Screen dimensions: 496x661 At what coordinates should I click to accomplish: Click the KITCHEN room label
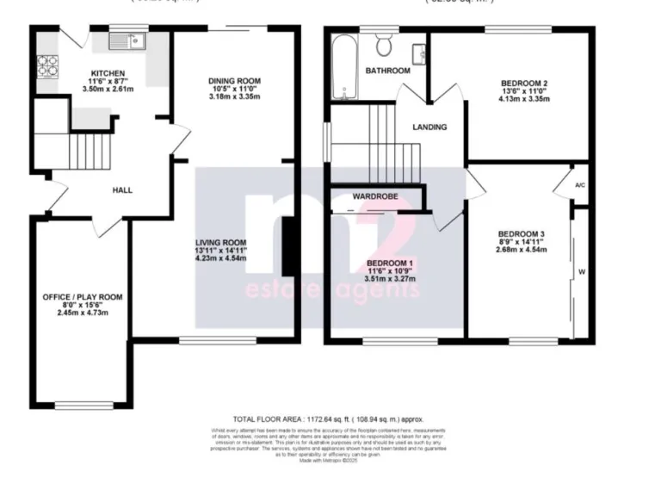tap(108, 73)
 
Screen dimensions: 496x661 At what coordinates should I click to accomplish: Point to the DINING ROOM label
tap(234, 81)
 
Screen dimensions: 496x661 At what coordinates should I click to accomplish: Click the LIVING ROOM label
tap(221, 242)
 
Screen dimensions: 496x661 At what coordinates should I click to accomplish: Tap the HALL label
tap(122, 189)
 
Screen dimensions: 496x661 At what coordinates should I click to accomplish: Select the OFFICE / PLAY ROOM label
tap(83, 297)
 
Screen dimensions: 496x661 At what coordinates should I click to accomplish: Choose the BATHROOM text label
tap(388, 71)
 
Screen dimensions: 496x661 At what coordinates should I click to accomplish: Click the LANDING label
tap(429, 127)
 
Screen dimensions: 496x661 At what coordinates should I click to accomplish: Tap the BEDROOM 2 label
tap(525, 83)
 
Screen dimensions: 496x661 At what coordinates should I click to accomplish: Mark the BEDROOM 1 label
tap(391, 262)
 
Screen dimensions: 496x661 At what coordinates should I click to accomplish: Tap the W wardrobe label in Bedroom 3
tap(582, 273)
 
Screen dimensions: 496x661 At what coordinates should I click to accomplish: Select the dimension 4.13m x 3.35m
tap(525, 99)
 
